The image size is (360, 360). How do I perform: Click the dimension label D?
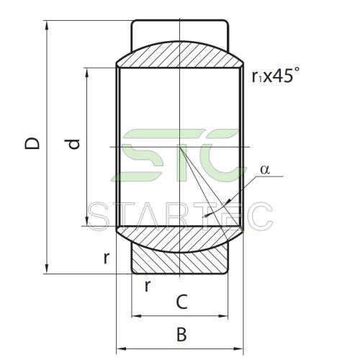pyautogui.click(x=32, y=143)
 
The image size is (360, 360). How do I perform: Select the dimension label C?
pyautogui.click(x=181, y=302)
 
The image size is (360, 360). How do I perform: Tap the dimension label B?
pyautogui.click(x=181, y=334)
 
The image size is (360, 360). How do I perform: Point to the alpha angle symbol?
pyautogui.click(x=265, y=170)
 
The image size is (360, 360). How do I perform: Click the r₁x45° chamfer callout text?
pyautogui.click(x=276, y=75)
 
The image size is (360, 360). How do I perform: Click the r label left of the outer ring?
pyautogui.click(x=107, y=258)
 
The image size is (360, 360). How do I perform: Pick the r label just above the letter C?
pyautogui.click(x=148, y=286)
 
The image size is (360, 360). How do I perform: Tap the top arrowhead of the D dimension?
pyautogui.click(x=47, y=25)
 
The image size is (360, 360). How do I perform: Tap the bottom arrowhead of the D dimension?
pyautogui.click(x=47, y=269)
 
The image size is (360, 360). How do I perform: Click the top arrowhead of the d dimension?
pyautogui.click(x=87, y=73)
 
